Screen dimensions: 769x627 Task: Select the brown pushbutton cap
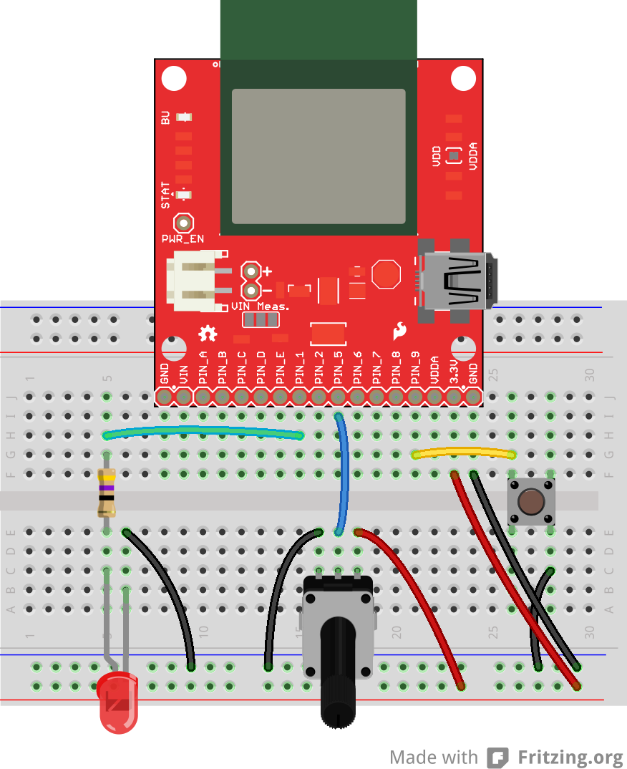(x=530, y=502)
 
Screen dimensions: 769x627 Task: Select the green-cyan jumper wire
(x=204, y=430)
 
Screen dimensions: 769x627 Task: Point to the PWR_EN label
(x=183, y=238)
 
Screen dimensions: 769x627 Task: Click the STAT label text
(x=166, y=195)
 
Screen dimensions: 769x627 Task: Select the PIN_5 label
(x=338, y=366)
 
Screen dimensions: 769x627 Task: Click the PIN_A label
(x=203, y=366)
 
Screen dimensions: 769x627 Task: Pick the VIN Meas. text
(x=261, y=306)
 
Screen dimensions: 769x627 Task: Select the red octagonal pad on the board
(x=387, y=274)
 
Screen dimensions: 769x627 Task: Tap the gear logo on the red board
(x=208, y=332)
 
